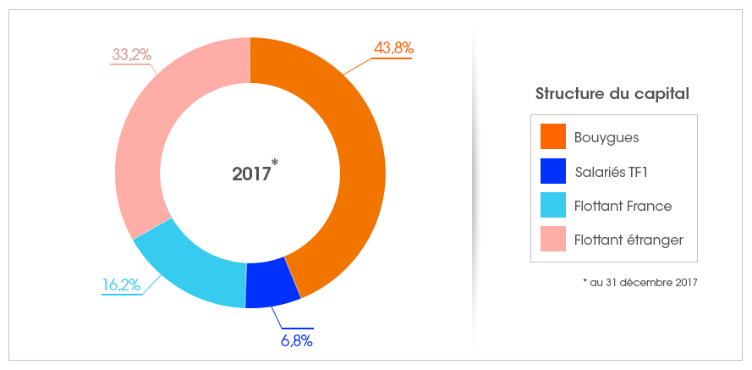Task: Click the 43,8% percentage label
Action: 393,48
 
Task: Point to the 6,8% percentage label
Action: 296,341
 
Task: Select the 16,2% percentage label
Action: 121,285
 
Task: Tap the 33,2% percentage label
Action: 131,55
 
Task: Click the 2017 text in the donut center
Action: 251,174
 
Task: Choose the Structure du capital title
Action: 612,93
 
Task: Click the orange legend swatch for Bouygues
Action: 552,136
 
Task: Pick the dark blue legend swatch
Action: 552,171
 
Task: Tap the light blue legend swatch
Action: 552,206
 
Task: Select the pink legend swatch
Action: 552,240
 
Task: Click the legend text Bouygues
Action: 607,137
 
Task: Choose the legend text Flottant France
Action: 623,207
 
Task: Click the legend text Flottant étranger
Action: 628,241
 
